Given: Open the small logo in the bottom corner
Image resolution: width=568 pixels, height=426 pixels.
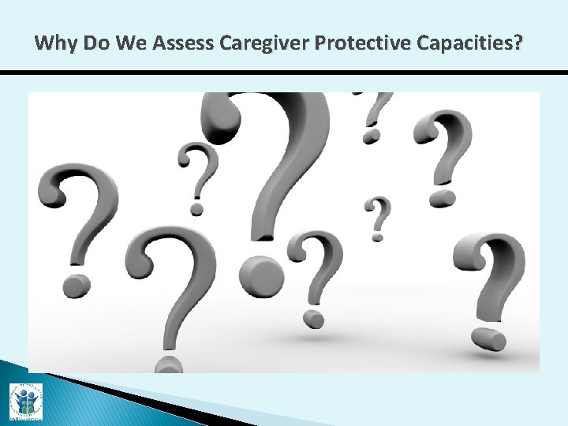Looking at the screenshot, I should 25,400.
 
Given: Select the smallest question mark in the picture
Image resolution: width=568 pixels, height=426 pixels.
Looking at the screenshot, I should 379,217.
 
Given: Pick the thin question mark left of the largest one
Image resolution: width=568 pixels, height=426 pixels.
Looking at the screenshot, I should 198,177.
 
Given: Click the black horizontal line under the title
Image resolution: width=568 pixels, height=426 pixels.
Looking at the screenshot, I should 284,73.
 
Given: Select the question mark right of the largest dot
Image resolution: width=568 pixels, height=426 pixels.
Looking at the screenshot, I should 316,276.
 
